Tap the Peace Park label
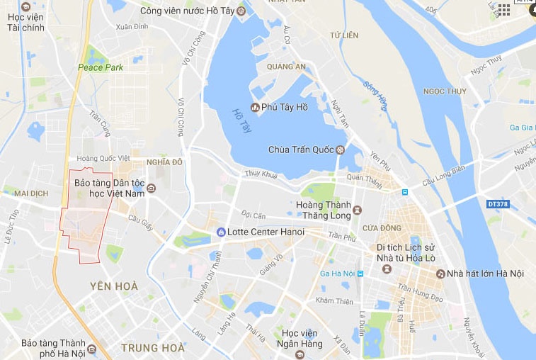pos(101,67)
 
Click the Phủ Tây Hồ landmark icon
pos(256,107)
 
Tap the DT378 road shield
pos(498,204)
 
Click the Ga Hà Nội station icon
pos(360,274)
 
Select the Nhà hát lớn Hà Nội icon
pos(440,274)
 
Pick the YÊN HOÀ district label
pos(114,286)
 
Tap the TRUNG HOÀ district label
pos(153,347)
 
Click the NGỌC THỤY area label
pos(444,91)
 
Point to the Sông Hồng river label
pos(376,96)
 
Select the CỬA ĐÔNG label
pos(382,227)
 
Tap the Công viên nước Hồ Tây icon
pos(241,11)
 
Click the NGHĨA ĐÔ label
pos(164,162)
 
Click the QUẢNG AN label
pos(286,67)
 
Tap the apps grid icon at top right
pos(503,9)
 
